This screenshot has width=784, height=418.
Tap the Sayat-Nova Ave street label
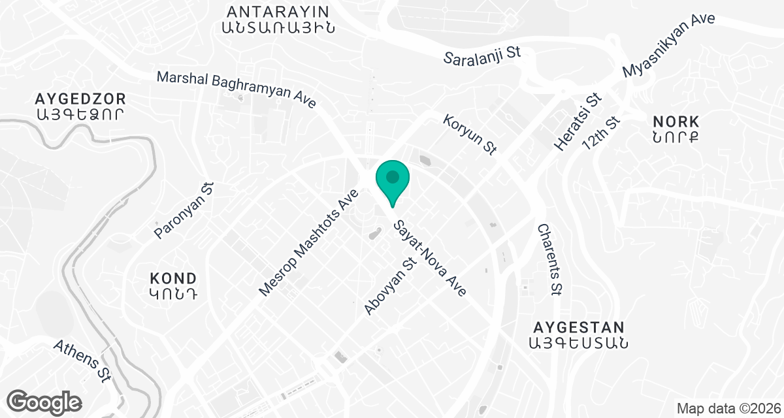pos(429,259)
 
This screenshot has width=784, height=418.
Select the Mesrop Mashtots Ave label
pos(309,242)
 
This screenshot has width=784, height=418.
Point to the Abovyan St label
pos(391,286)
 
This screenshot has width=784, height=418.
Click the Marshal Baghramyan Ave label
pos(237,89)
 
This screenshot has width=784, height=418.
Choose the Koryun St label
pos(470,135)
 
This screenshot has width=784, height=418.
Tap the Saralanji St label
pos(482,56)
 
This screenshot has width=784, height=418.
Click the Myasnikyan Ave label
pos(669,44)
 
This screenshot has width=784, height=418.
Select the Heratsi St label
pos(577,122)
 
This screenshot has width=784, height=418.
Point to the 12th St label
pos(601,135)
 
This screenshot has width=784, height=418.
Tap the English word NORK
pos(676,121)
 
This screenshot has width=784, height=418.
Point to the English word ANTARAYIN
pos(278,11)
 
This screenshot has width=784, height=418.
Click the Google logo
pos(44,402)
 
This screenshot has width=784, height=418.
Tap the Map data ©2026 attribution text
pos(727,409)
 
